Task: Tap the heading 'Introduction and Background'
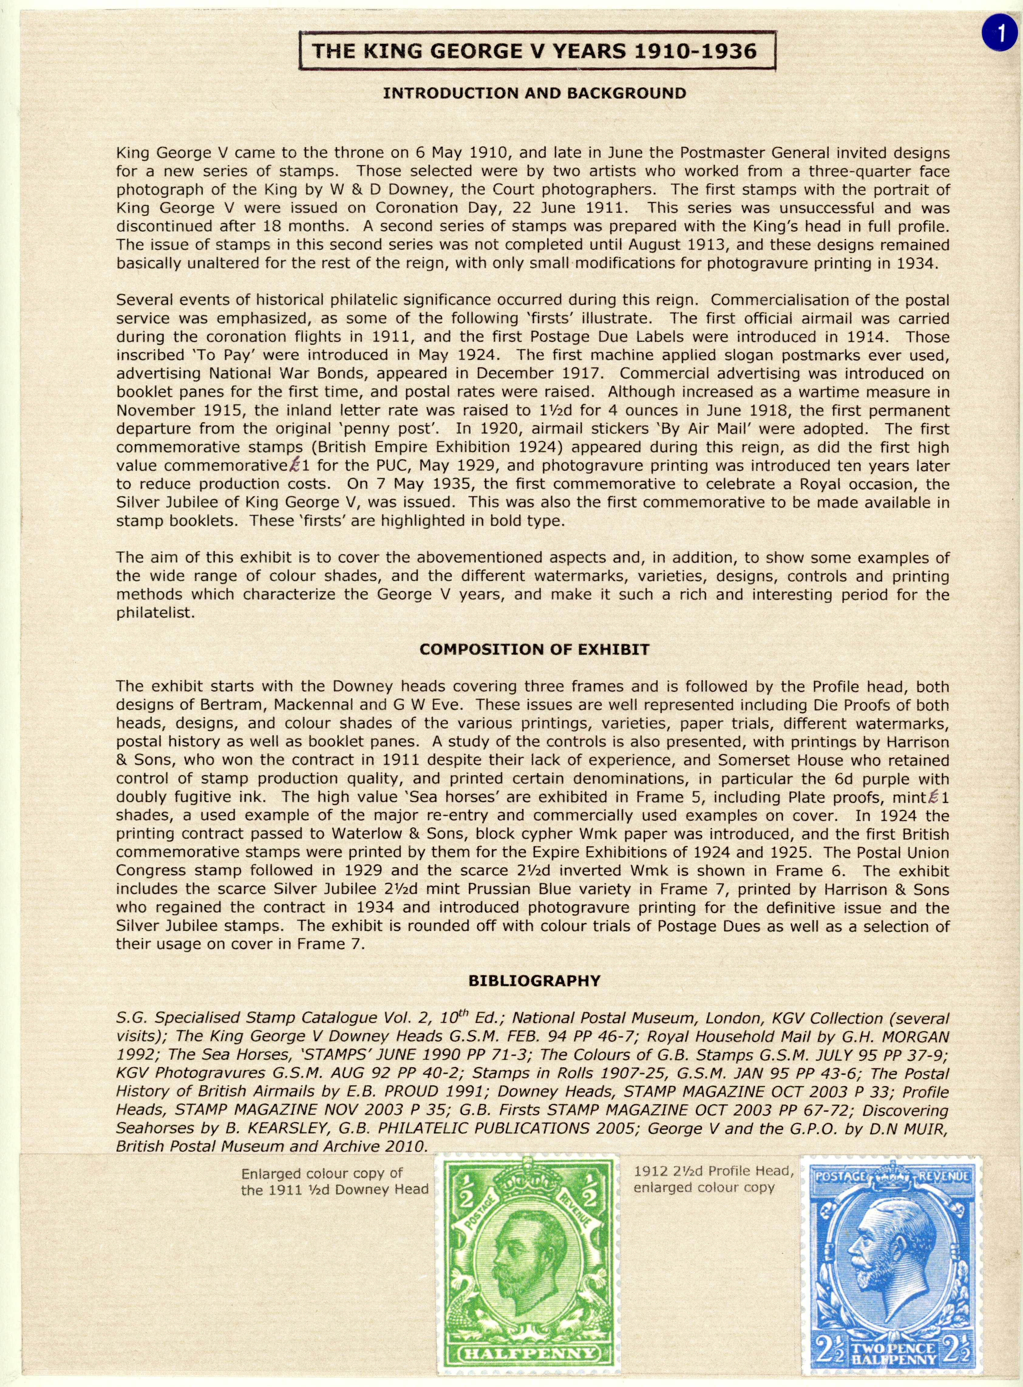tap(534, 94)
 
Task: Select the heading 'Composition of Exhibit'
tap(534, 649)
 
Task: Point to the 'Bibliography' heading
tap(534, 981)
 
